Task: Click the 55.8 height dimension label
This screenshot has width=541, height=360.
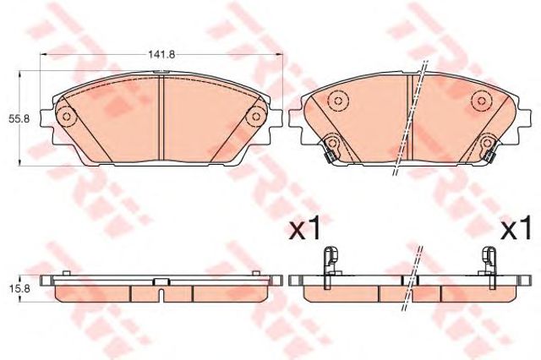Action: click(x=15, y=118)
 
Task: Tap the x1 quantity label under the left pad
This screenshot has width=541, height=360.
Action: click(x=304, y=229)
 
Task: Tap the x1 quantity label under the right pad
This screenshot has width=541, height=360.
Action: click(x=516, y=229)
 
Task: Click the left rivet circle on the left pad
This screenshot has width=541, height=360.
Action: click(x=66, y=117)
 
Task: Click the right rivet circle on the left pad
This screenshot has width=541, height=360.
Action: click(x=255, y=117)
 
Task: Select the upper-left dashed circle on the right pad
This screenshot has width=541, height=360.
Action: click(x=338, y=101)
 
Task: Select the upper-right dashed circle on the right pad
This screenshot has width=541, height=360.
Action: click(x=482, y=101)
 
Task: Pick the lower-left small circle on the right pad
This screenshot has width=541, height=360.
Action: click(x=332, y=142)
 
